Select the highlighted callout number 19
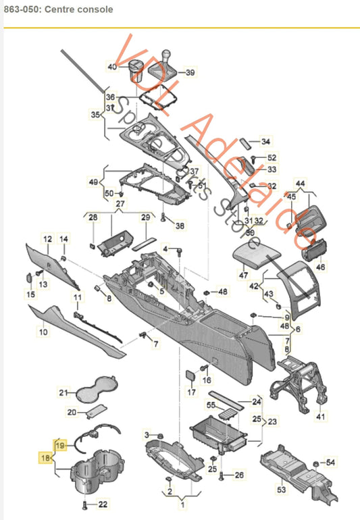59,445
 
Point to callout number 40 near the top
111,66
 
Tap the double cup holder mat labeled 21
95,390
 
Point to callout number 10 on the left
43,332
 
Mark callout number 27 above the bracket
120,203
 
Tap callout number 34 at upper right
265,142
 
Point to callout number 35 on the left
95,115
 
